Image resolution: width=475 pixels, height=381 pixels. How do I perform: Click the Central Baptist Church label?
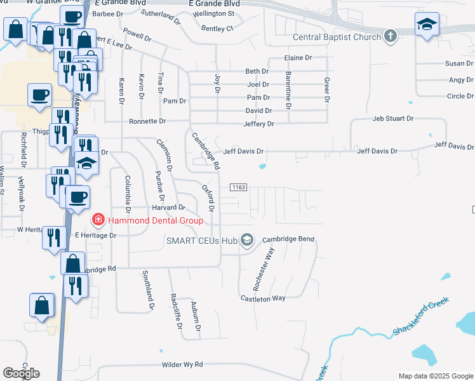pyautogui.click(x=337, y=37)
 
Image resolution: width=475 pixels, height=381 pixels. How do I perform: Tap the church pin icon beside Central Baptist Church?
pyautogui.click(x=391, y=36)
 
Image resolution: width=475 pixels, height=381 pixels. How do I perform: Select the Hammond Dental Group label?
pyautogui.click(x=155, y=220)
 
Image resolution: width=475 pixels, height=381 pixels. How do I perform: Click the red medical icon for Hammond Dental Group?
pyautogui.click(x=98, y=220)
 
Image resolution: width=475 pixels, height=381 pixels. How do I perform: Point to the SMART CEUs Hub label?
pyautogui.click(x=201, y=240)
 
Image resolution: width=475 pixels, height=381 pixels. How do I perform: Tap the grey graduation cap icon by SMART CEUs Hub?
pyautogui.click(x=247, y=240)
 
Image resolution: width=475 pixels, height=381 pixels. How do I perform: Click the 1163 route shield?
pyautogui.click(x=238, y=187)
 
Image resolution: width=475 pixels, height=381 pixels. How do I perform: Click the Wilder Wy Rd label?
pyautogui.click(x=182, y=364)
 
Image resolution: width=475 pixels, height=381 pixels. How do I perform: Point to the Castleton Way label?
pyautogui.click(x=263, y=298)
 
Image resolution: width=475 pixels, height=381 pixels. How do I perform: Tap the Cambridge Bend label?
pyautogui.click(x=289, y=239)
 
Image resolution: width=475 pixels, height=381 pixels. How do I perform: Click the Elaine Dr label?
pyautogui.click(x=298, y=58)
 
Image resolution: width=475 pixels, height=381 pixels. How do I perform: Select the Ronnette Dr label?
pyautogui.click(x=147, y=121)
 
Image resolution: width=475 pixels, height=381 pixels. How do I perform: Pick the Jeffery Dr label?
pyautogui.click(x=258, y=124)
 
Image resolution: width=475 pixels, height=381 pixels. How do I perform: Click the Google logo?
pyautogui.click(x=21, y=373)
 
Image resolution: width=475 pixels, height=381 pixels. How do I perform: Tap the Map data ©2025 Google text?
pyautogui.click(x=435, y=376)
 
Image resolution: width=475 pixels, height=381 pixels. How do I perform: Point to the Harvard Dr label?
pyautogui.click(x=168, y=208)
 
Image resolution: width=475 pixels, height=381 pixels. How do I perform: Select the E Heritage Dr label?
pyautogui.click(x=96, y=235)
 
